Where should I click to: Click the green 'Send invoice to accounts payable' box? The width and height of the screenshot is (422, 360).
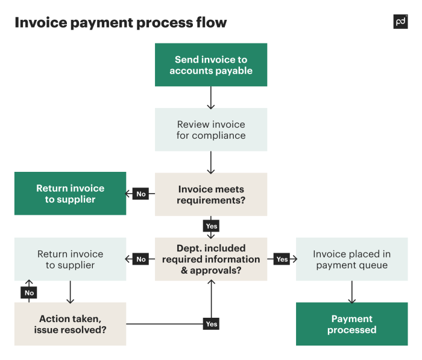tap(211, 65)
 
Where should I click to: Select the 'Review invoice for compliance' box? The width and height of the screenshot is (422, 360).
tap(211, 130)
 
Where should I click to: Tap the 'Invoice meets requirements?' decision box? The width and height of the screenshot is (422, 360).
tap(211, 194)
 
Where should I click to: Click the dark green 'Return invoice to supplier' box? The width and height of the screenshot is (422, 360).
tap(70, 194)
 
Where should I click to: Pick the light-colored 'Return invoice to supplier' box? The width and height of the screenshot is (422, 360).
tap(70, 259)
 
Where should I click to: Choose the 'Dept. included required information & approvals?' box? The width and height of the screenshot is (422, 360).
tap(211, 259)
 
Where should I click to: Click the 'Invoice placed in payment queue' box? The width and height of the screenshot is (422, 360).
tap(351, 259)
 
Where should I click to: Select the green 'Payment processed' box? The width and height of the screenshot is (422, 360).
tap(351, 324)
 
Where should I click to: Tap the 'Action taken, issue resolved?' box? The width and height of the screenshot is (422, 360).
tap(70, 324)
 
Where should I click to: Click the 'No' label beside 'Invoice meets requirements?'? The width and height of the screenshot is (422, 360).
tap(141, 194)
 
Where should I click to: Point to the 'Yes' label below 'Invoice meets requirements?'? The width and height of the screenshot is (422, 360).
tap(211, 226)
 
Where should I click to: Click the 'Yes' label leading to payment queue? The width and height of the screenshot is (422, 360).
tap(282, 259)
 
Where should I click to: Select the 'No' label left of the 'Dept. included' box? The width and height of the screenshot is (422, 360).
tap(141, 259)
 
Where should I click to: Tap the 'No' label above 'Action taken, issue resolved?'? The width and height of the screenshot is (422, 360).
tap(29, 292)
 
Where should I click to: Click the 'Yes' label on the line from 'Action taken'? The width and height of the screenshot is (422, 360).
tap(211, 324)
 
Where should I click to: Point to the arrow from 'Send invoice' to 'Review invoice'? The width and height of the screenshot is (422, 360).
tap(211, 97)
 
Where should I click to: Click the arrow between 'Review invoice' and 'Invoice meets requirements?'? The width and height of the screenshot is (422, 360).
tap(211, 162)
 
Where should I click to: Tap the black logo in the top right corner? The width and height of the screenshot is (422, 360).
tap(400, 22)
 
